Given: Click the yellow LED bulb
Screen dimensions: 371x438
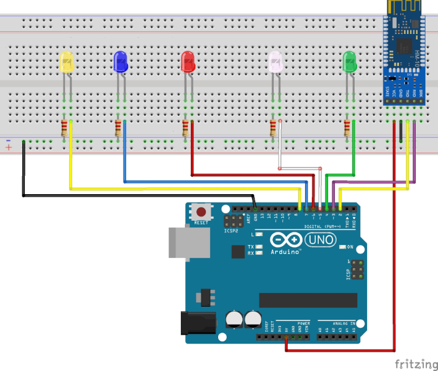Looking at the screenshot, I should point(67,62).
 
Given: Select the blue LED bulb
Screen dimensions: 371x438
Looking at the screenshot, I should point(120,61).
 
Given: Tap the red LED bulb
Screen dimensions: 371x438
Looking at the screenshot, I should point(188,61).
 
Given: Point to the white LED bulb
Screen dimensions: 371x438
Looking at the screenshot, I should point(275,62).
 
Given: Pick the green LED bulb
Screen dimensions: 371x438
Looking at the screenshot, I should point(350,62).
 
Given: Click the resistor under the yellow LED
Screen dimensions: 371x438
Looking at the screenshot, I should point(64,129).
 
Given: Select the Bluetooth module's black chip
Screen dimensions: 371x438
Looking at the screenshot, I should point(405,45).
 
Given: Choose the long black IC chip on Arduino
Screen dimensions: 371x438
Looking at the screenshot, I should point(308,300).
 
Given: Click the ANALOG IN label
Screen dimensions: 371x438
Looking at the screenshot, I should point(344,323).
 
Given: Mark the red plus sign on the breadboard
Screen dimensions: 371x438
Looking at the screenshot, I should point(9,149).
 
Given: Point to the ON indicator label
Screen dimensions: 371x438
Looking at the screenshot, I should point(350,247).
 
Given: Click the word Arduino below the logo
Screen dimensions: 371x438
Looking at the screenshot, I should point(285,252).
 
